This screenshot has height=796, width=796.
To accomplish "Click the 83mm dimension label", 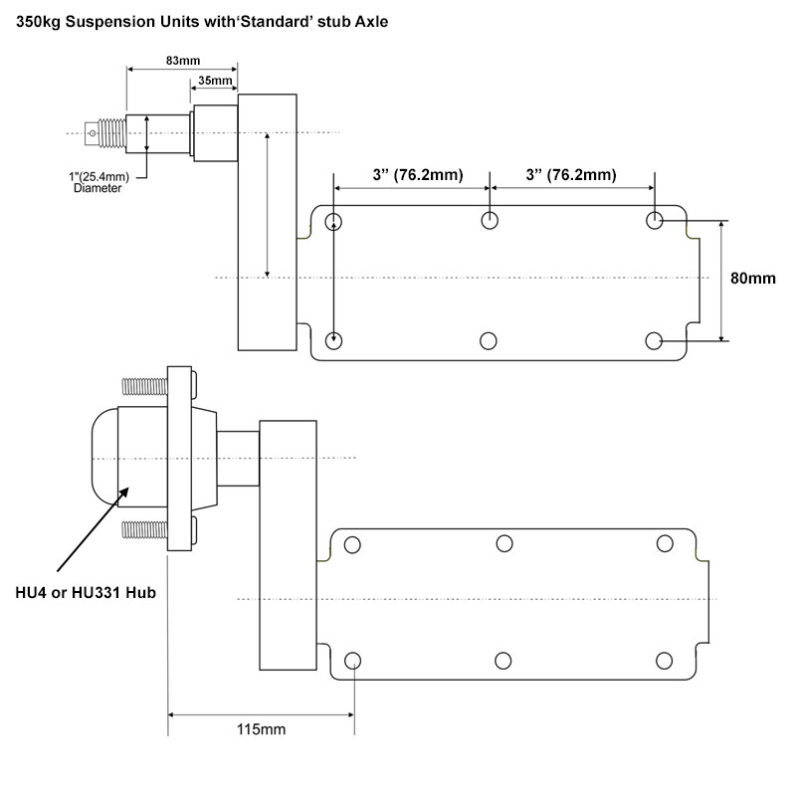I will point(180,61).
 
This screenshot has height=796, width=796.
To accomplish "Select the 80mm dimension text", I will point(752,279).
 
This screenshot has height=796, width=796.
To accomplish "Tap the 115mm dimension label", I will point(261,731).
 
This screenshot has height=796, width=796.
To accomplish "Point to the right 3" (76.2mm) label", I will point(571,175).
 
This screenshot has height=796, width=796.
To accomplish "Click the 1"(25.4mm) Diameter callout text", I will point(98,182).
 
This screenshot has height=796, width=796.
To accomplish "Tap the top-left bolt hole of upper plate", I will point(333,220).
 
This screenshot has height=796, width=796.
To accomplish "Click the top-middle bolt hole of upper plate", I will point(489,220).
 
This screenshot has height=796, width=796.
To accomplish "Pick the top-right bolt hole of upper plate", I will point(654,220).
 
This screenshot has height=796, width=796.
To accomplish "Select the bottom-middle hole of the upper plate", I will point(489,341).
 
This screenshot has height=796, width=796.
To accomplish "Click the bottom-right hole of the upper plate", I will point(654,341).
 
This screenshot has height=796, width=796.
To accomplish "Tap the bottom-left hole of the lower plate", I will point(351,660).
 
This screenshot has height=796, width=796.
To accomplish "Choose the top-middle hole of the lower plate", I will point(504,542).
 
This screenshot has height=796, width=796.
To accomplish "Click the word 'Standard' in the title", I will point(265,19).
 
